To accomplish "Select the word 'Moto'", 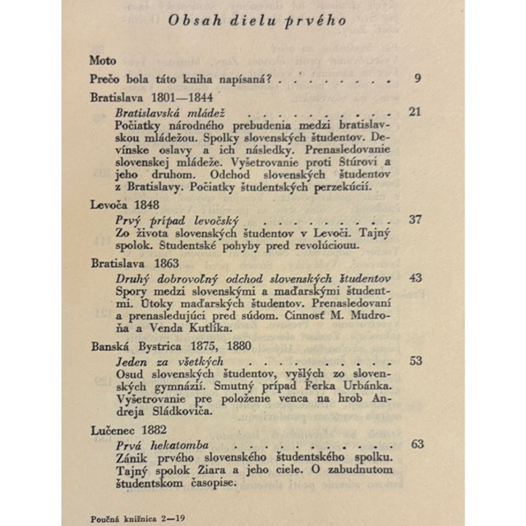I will point(104,61).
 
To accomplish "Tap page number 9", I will point(418,79).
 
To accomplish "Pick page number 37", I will point(415,219).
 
